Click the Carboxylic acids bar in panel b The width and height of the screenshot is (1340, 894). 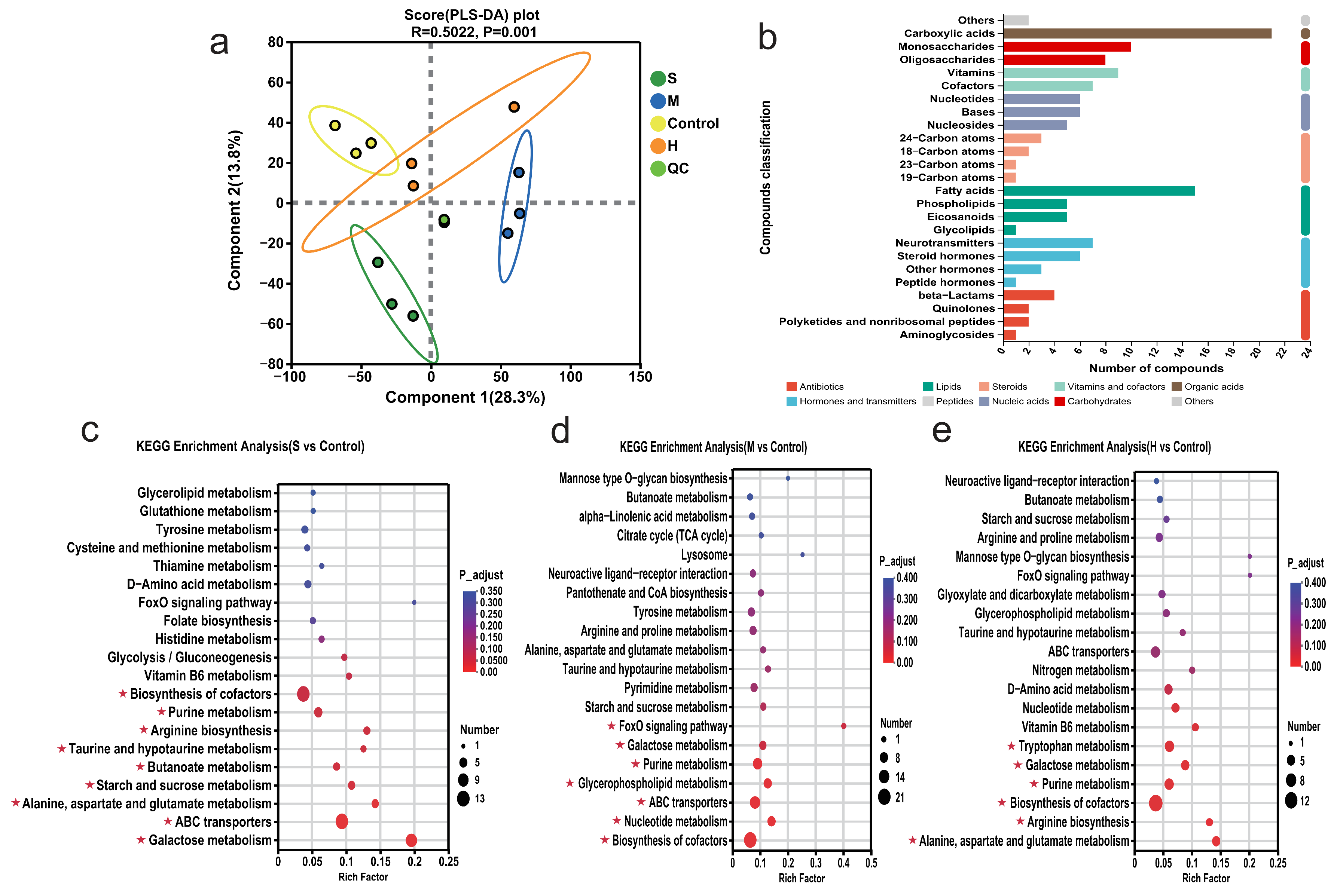pos(1137,34)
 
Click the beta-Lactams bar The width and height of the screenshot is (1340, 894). pos(1029,296)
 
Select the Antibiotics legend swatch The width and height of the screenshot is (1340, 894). pos(791,386)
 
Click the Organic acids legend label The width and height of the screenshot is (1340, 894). pos(1214,386)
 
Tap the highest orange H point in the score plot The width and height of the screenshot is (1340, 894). pos(514,107)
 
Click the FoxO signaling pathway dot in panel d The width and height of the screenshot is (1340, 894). pos(843,726)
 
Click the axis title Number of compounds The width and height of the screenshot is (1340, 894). pos(1156,368)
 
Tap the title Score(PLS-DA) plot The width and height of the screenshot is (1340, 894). pos(471,15)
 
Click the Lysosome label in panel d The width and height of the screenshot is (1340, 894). pos(704,555)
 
